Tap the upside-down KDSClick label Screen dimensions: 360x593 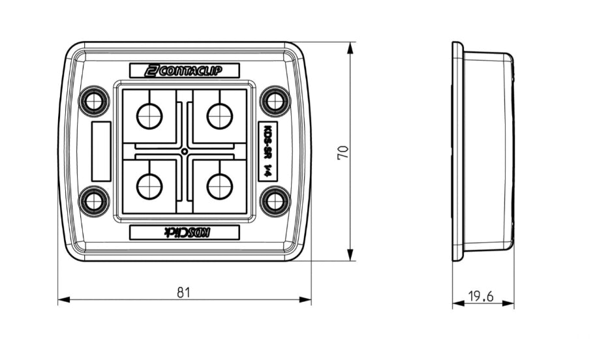[x=185, y=232]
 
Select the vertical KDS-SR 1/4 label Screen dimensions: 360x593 [x=266, y=152]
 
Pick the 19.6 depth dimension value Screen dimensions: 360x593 [x=481, y=297]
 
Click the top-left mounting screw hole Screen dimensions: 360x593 [x=95, y=101]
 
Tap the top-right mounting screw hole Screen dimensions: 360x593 [x=275, y=101]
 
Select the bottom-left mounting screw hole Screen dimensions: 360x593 [x=95, y=201]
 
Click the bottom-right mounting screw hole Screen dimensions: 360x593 [x=275, y=201]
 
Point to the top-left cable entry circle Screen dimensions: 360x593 [x=149, y=117]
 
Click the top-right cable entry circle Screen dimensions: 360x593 [x=220, y=117]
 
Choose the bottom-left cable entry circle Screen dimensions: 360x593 [x=149, y=187]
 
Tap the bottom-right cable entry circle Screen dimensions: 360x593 [x=220, y=187]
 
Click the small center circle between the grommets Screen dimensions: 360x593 [x=185, y=152]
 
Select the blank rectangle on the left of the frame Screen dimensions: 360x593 [x=100, y=151]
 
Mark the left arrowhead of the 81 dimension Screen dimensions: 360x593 [x=63, y=300]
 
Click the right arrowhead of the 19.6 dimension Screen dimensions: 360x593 [x=510, y=305]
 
